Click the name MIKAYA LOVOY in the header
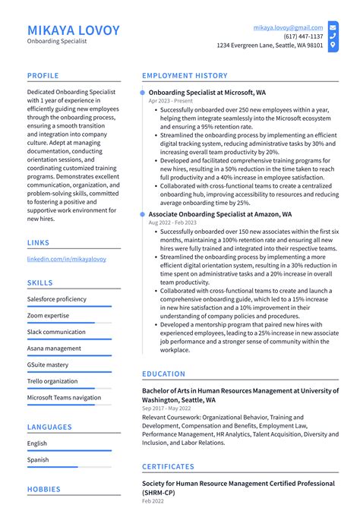pyautogui.click(x=74, y=30)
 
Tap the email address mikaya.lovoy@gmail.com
pyautogui.click(x=288, y=27)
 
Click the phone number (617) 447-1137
pyautogui.click(x=303, y=36)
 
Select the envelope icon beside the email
pyautogui.click(x=333, y=27)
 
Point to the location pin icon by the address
pyautogui.click(x=333, y=46)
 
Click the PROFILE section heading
pyautogui.click(x=43, y=76)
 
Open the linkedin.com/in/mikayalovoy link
pyautogui.click(x=67, y=259)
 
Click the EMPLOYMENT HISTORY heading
pyautogui.click(x=185, y=76)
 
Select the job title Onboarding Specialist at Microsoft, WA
pyautogui.click(x=207, y=92)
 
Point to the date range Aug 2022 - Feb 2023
pyautogui.click(x=173, y=223)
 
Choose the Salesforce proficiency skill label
pyautogui.click(x=57, y=299)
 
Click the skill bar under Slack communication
pyautogui.click(x=69, y=339)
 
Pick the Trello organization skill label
pyautogui.click(x=52, y=381)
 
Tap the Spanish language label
pyautogui.click(x=37, y=460)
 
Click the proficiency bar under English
pyautogui.click(x=69, y=450)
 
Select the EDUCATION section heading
pyautogui.click(x=163, y=374)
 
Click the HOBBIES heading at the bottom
pyautogui.click(x=43, y=490)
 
